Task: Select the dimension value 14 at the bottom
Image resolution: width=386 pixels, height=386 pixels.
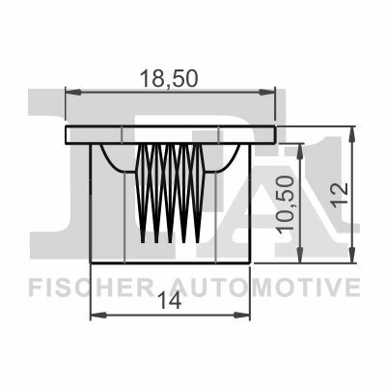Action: coord(172,302)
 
